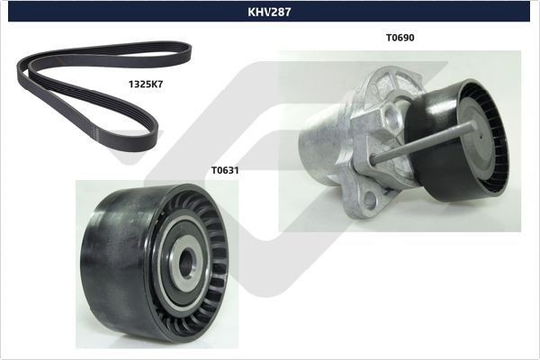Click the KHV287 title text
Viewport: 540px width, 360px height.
coord(269,13)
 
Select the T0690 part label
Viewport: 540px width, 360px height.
coord(400,38)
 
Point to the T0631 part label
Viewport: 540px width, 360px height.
coord(225,168)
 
